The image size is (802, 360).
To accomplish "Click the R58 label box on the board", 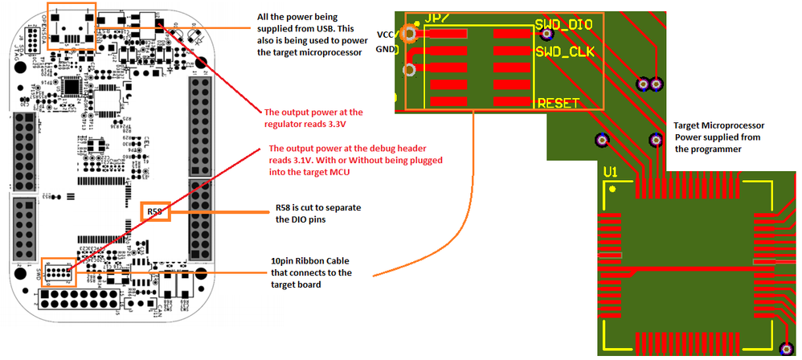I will pyautogui.click(x=155, y=212).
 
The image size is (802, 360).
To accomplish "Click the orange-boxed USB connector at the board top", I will pyautogui.click(x=72, y=26).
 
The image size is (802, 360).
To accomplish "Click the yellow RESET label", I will pyautogui.click(x=564, y=103).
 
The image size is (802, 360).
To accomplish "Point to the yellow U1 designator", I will pyautogui.click(x=612, y=172).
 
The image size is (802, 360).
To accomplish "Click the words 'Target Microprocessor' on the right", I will pyautogui.click(x=719, y=125).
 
